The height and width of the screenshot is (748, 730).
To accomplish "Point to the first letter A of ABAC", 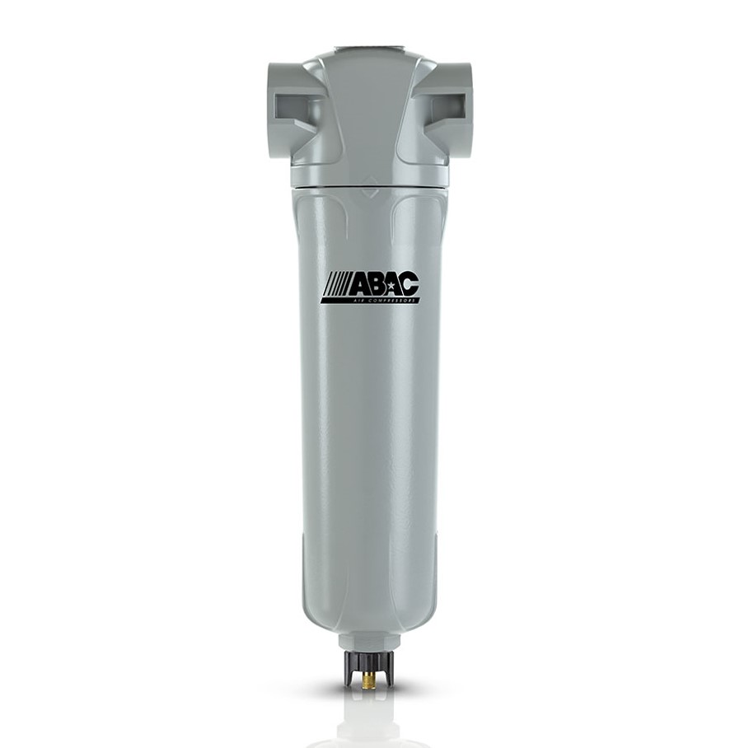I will click(x=362, y=285).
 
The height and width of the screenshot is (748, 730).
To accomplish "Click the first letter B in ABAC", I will click(x=377, y=285).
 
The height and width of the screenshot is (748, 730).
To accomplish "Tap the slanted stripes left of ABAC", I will click(x=337, y=285).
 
